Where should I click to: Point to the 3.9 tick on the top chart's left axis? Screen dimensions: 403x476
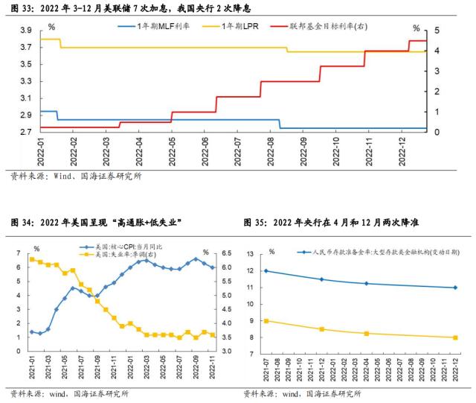25,31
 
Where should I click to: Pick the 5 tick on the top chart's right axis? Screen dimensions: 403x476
438,31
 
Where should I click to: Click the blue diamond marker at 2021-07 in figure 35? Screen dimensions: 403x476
266,271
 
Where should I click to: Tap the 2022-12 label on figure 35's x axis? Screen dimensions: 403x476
454,369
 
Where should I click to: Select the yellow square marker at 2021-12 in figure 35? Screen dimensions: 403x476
321,329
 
